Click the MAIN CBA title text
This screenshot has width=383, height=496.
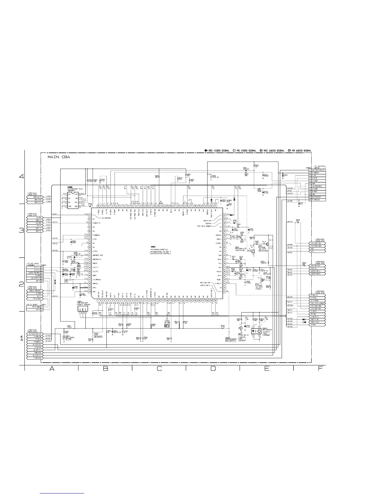tap(59, 157)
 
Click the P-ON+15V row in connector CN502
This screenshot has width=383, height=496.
tap(317, 200)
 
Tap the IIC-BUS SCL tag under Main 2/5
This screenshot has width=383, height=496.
tap(318, 243)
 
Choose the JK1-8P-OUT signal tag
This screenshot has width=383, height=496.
tap(318, 266)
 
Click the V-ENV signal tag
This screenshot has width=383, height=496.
tap(318, 325)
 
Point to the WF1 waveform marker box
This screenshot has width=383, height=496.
tap(167, 326)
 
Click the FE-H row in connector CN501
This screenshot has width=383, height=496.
tap(35, 310)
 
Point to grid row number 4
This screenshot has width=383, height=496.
tap(22, 176)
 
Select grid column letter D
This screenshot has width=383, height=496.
tap(213, 369)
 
